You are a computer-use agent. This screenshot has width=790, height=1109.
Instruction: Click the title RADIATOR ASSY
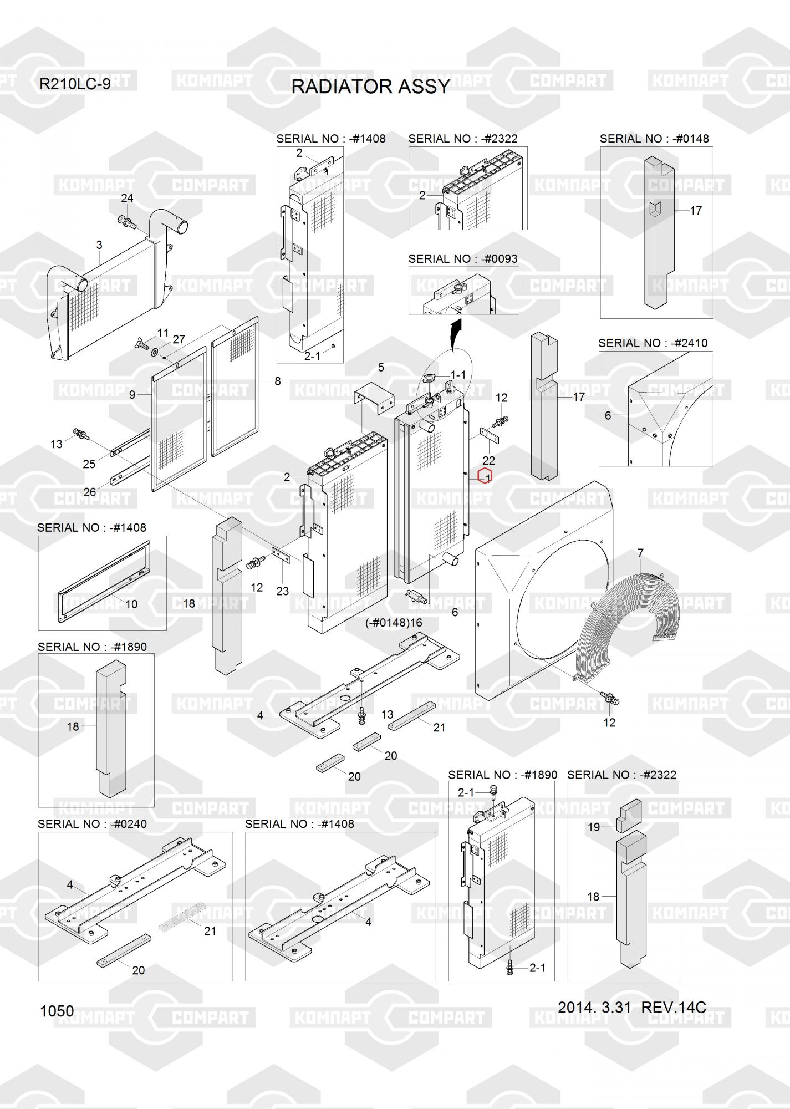pos(370,87)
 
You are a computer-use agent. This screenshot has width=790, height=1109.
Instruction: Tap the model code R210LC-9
pos(75,84)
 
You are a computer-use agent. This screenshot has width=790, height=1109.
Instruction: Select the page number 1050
pos(57,1011)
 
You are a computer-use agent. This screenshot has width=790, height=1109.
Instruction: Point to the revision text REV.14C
pos(673,1007)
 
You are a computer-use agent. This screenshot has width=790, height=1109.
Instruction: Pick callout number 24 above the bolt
pos(127,199)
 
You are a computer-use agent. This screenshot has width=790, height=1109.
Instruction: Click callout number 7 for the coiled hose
pos(640,553)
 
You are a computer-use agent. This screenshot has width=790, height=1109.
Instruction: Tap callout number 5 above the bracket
pos(381,367)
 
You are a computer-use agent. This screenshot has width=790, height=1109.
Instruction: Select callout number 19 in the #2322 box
pos(594,827)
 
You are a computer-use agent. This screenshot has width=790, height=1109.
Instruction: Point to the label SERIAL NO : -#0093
pos(462,259)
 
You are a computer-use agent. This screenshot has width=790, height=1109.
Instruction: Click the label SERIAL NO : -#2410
pos(653,343)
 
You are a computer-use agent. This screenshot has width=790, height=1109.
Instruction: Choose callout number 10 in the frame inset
pos(131,604)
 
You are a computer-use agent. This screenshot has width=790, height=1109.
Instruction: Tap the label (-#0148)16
pos(394,623)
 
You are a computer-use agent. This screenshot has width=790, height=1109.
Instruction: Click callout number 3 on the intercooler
pos(99,245)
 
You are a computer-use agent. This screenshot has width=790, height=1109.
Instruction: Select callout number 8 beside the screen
pos(277,381)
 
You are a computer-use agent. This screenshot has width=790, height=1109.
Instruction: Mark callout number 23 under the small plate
pos(282,591)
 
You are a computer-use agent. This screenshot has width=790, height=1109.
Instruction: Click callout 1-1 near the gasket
pos(458,375)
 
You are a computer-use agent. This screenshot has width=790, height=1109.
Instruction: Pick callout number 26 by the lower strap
pos(89,492)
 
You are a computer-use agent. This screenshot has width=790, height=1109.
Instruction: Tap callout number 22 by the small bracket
pos(488,460)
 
